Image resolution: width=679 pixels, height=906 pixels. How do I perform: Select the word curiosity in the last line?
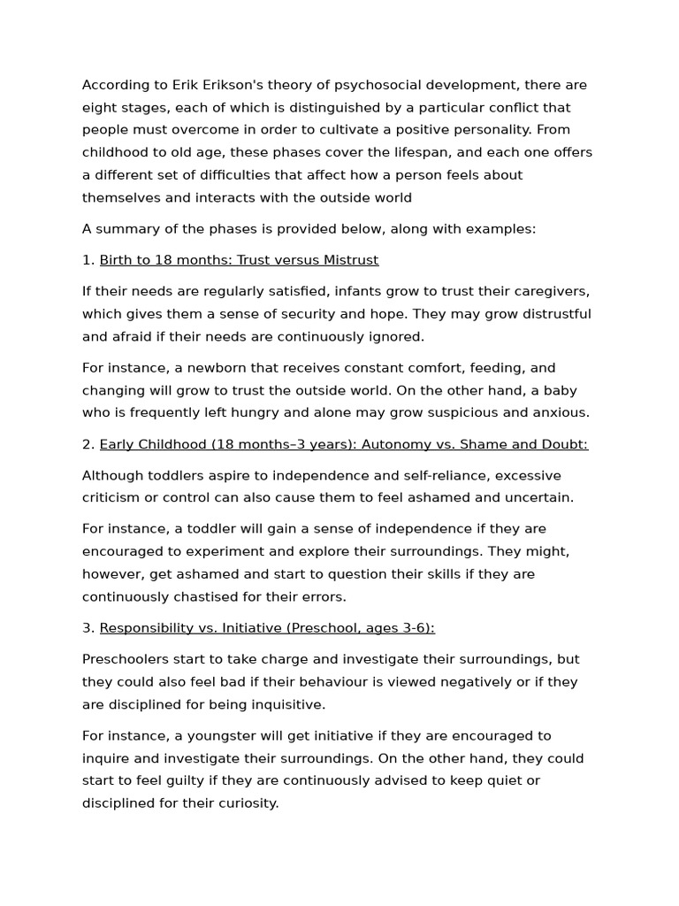tap(244, 803)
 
